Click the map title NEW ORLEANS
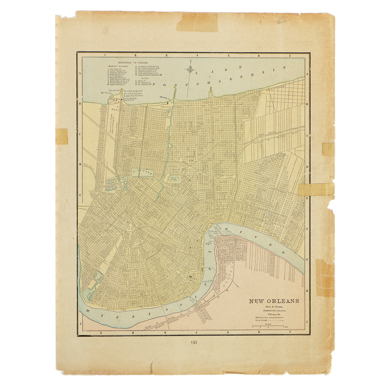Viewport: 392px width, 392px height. pyautogui.click(x=274, y=301)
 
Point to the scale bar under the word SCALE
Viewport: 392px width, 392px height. pyautogui.click(x=269, y=326)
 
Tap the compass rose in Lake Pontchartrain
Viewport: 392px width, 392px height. pyautogui.click(x=190, y=69)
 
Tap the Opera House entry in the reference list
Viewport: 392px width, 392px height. pyautogui.click(x=117, y=85)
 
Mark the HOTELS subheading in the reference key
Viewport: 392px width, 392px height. pyautogui.click(x=141, y=78)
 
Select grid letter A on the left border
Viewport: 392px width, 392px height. pyautogui.click(x=80, y=73)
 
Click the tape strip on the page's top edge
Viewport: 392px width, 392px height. pyautogui.click(x=197, y=22)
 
